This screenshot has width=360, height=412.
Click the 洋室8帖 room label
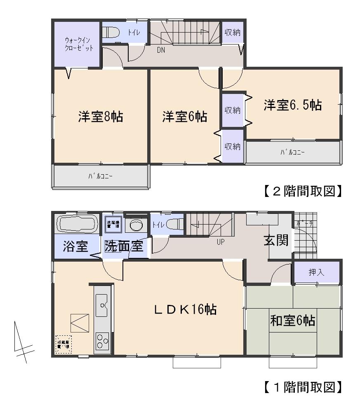101,117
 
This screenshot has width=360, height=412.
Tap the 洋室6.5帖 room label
293,105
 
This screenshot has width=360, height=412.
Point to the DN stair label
162,51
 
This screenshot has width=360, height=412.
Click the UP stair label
221,242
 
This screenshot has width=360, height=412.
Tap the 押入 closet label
316,272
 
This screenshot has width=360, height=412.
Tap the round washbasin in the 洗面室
136,225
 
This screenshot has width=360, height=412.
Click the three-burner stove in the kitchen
102,341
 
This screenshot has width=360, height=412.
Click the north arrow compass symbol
21,342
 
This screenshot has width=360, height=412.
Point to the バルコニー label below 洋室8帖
100,176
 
